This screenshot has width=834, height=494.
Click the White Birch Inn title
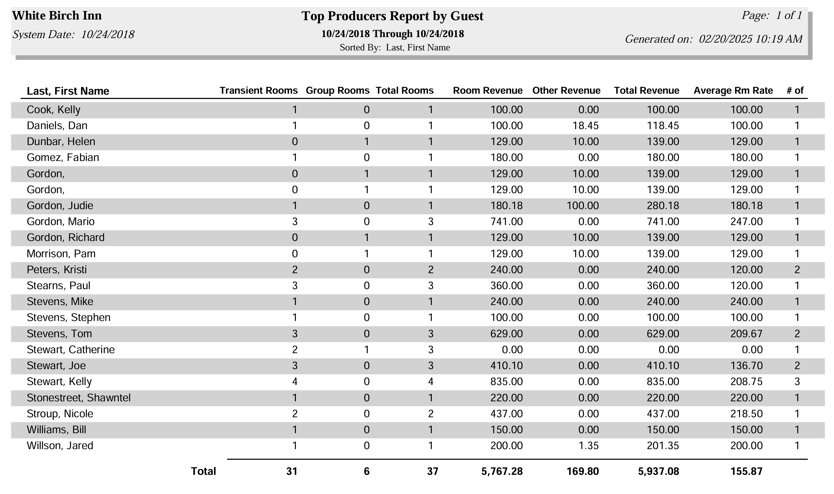pyautogui.click(x=57, y=16)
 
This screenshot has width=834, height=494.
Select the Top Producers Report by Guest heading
pyautogui.click(x=392, y=16)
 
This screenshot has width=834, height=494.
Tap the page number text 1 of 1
pyautogui.click(x=789, y=15)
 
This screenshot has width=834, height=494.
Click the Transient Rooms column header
pyautogui.click(x=258, y=90)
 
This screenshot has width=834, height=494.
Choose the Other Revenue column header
pyautogui.click(x=566, y=90)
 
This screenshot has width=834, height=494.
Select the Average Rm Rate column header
pyautogui.click(x=733, y=90)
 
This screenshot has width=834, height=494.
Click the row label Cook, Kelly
pyautogui.click(x=54, y=110)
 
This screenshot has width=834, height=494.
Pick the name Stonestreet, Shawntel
pyautogui.click(x=79, y=398)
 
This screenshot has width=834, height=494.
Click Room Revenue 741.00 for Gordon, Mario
pyautogui.click(x=507, y=222)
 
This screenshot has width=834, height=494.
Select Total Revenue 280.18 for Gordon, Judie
pyautogui.click(x=663, y=206)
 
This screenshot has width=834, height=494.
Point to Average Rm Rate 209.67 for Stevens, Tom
pyautogui.click(x=747, y=334)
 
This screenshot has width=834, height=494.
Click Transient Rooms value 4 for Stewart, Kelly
pyautogui.click(x=295, y=381)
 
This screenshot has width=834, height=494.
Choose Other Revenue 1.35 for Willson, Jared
pyautogui.click(x=589, y=446)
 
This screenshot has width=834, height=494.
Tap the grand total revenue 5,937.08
pyautogui.click(x=659, y=471)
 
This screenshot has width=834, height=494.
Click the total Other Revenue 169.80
pyautogui.click(x=583, y=471)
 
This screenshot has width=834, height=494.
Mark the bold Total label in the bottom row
pyautogui.click(x=203, y=471)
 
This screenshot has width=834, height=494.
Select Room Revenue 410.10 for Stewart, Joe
pyautogui.click(x=507, y=366)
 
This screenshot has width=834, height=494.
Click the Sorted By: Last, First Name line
pyautogui.click(x=395, y=47)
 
